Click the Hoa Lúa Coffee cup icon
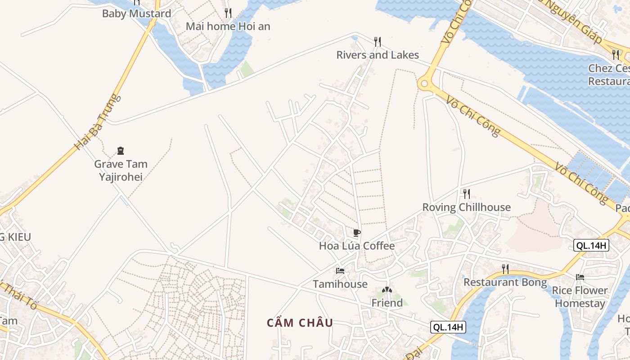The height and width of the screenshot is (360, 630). [x=356, y=233]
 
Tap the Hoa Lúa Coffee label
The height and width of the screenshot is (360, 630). [x=356, y=246]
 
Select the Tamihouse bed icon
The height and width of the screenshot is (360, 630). [x=340, y=271]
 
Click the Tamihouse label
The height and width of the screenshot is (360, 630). [x=340, y=284]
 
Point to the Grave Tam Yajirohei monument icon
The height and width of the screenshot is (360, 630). [x=121, y=151]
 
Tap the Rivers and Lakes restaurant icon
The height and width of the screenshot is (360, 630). [x=378, y=42]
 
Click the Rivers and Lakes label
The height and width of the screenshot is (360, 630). [x=378, y=55]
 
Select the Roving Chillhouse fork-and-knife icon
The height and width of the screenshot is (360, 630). [x=467, y=194]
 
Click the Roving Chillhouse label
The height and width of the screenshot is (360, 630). [x=467, y=207]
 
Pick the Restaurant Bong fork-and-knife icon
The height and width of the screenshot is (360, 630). [x=505, y=269]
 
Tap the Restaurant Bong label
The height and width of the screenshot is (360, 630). [x=505, y=282]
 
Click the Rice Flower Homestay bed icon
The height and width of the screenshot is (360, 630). [x=580, y=277]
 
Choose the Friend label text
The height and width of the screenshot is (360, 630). [x=387, y=303]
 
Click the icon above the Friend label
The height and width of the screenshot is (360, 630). [x=387, y=290]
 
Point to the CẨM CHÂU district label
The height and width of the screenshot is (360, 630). [x=300, y=323]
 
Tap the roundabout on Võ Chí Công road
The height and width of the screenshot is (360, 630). [x=424, y=83]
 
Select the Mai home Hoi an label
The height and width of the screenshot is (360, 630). [x=228, y=26]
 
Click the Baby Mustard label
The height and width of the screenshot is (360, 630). [x=137, y=13]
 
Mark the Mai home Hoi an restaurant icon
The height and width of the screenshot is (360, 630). [x=228, y=13]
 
